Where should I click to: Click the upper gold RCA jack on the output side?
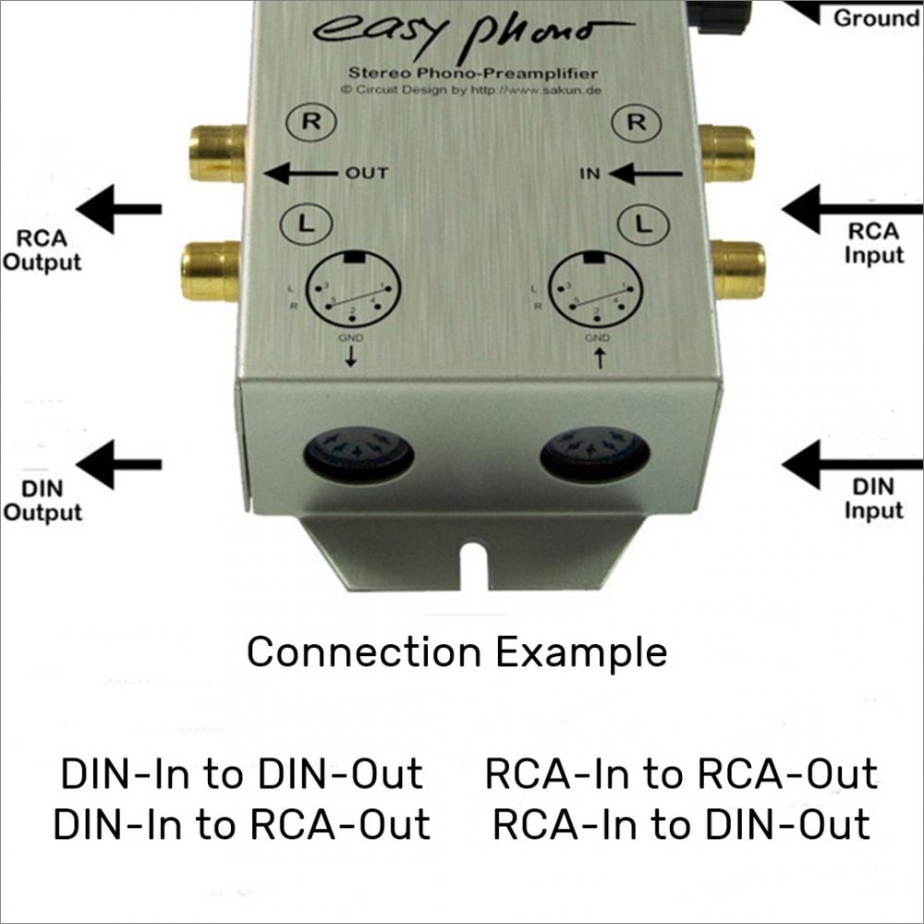pyautogui.click(x=217, y=152)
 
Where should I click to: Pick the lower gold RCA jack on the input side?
pyautogui.click(x=737, y=268)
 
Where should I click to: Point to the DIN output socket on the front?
pyautogui.click(x=359, y=453)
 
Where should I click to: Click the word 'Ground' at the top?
pyautogui.click(x=876, y=18)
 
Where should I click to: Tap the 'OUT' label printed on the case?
pyautogui.click(x=368, y=173)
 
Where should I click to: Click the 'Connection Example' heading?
pyautogui.click(x=456, y=652)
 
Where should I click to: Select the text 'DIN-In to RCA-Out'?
pyautogui.click(x=241, y=824)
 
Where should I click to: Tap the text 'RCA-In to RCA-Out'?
pyautogui.click(x=681, y=774)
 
